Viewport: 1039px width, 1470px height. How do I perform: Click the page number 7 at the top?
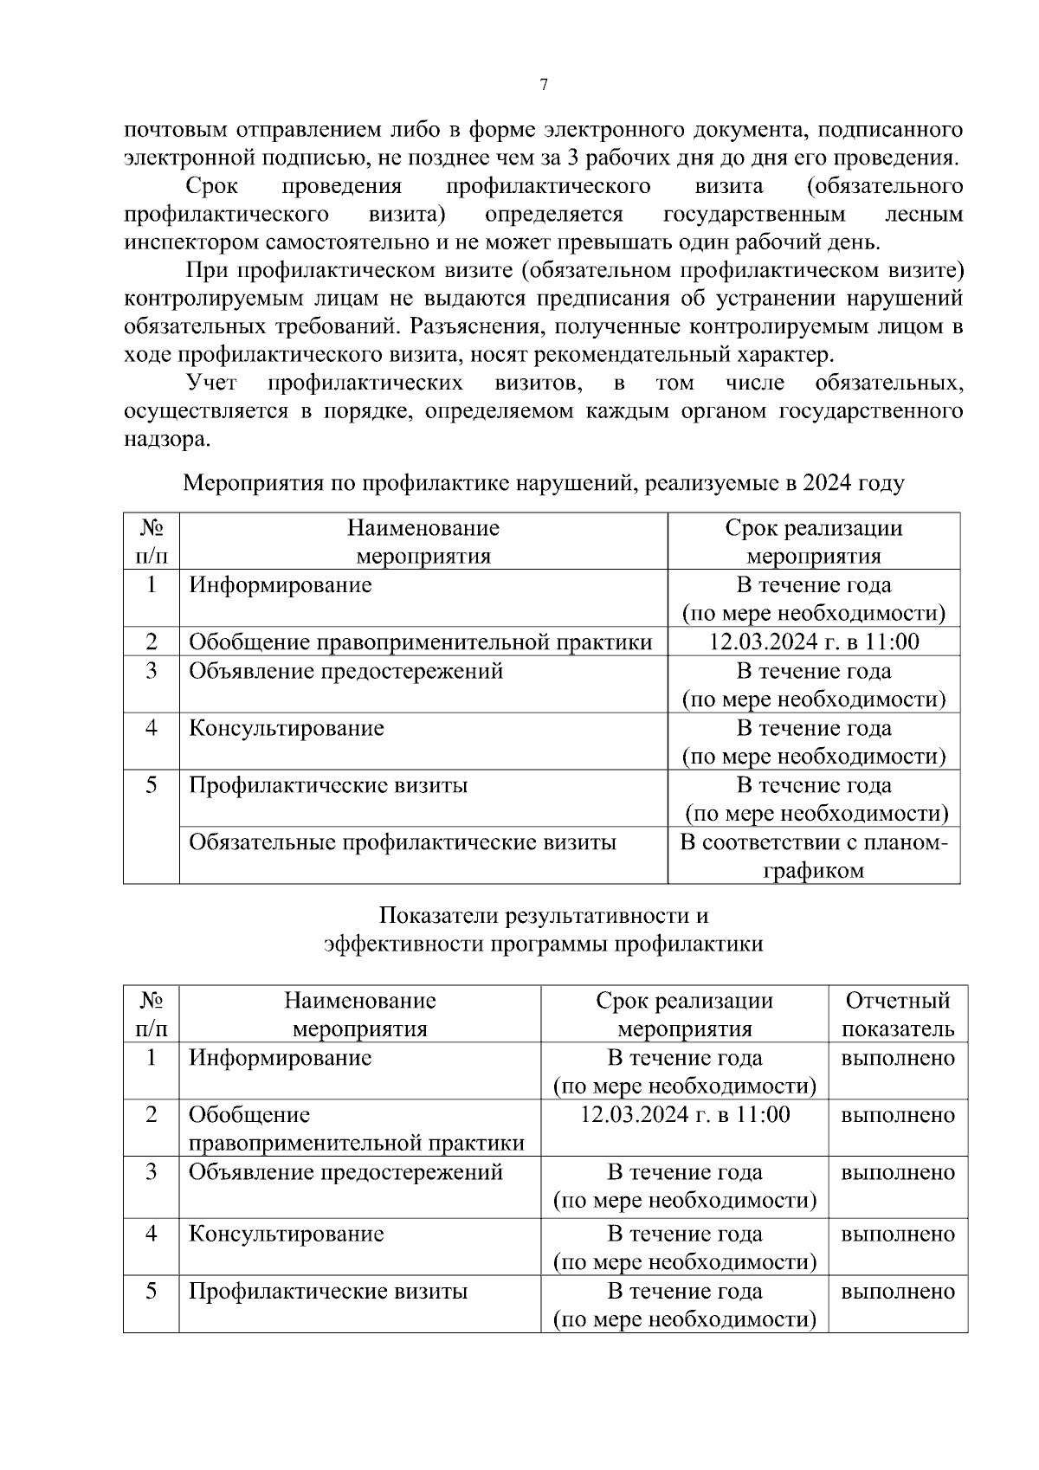pyautogui.click(x=543, y=85)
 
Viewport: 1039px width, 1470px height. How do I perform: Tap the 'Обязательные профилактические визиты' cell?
pyautogui.click(x=403, y=842)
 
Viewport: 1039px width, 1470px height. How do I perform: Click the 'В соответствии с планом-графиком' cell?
pyautogui.click(x=813, y=856)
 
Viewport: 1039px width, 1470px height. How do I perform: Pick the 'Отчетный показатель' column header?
pyautogui.click(x=897, y=1015)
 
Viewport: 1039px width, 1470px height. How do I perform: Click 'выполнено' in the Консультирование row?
pyautogui.click(x=897, y=1234)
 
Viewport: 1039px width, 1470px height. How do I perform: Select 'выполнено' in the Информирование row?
pyautogui.click(x=897, y=1058)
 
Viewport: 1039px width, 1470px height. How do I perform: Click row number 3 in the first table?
pyautogui.click(x=152, y=672)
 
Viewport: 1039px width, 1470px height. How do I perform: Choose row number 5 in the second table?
pyautogui.click(x=152, y=1292)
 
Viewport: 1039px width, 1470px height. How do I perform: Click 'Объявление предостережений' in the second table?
pyautogui.click(x=345, y=1173)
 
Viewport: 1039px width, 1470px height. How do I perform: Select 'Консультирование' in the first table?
pyautogui.click(x=287, y=728)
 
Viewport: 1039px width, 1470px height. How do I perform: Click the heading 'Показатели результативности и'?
pyautogui.click(x=543, y=916)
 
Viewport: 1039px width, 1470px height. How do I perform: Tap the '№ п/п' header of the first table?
pyautogui.click(x=152, y=542)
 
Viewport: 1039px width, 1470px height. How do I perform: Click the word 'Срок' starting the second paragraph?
pyautogui.click(x=212, y=187)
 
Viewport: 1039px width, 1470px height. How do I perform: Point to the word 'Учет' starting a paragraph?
pyautogui.click(x=212, y=383)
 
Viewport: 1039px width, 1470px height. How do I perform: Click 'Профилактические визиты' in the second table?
pyautogui.click(x=328, y=1292)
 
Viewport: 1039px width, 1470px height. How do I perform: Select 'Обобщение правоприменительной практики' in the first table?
pyautogui.click(x=421, y=642)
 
